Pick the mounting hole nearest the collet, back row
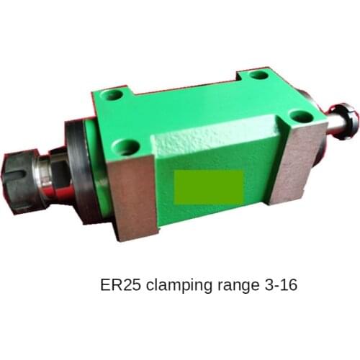(x=113, y=94)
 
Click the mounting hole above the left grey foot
(x=126, y=148)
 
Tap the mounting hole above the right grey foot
(x=297, y=119)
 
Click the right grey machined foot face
(x=303, y=161)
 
